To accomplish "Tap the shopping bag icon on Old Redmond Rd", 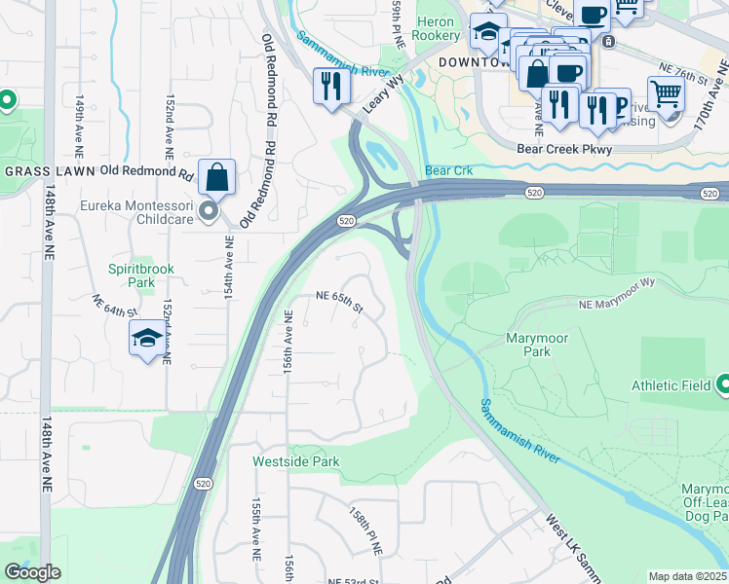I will click(x=216, y=177).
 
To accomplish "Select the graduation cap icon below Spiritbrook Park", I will click(x=147, y=338).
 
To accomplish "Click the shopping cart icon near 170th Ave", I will click(x=666, y=95).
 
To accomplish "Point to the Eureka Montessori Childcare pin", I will click(x=208, y=211).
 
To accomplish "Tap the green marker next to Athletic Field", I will click(x=723, y=385).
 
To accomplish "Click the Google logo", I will click(x=32, y=572).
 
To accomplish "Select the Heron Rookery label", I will click(x=437, y=28).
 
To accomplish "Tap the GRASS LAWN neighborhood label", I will click(x=49, y=171).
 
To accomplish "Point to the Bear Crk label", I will click(x=448, y=170).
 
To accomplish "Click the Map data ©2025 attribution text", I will click(x=688, y=576).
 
